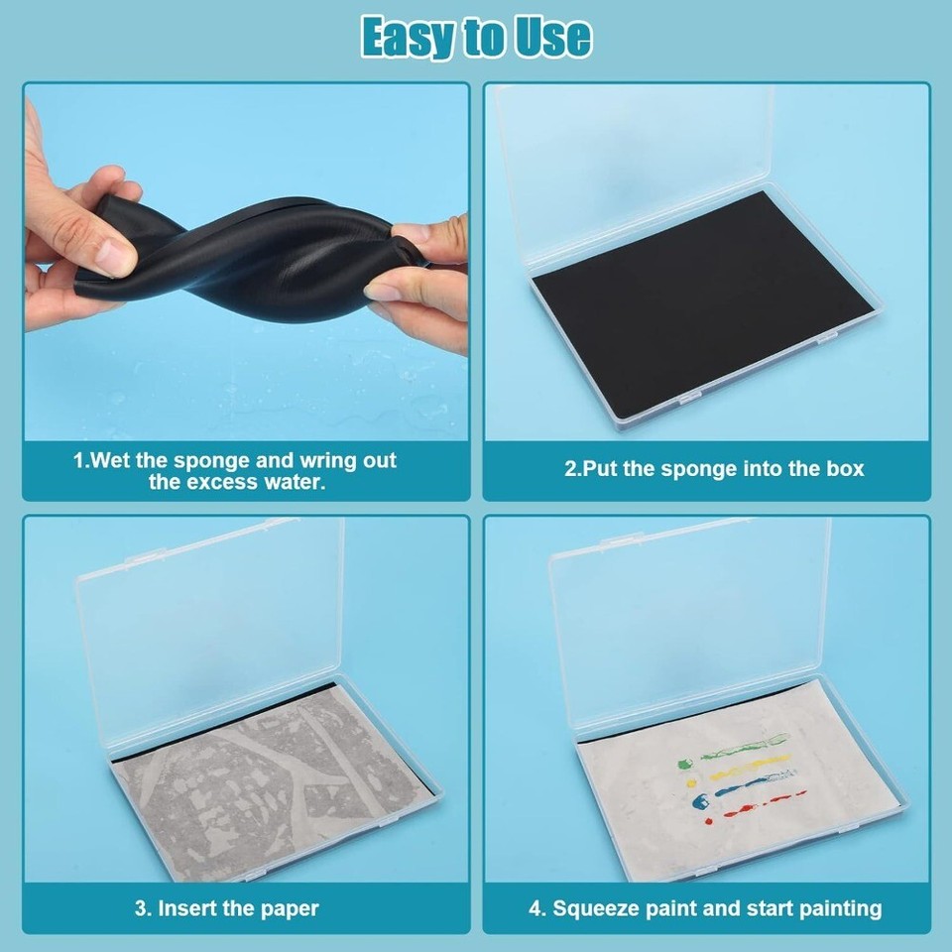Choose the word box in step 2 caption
coord(844,468)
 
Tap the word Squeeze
coord(611,908)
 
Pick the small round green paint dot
coord(683,765)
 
